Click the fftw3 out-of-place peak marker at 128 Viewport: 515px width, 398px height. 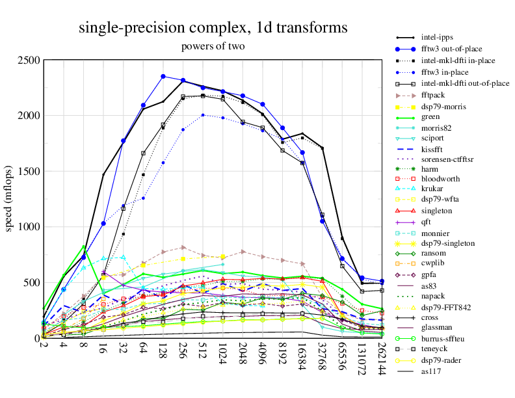tap(163, 77)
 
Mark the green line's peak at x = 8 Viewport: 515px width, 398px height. tap(84, 246)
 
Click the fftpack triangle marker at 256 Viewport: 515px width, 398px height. tap(183, 247)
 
